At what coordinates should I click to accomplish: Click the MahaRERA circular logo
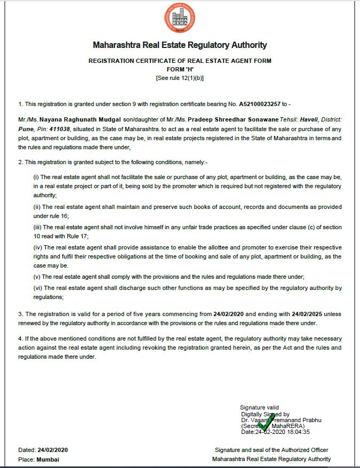click(x=180, y=17)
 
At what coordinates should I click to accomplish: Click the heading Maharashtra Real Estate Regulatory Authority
click(x=180, y=45)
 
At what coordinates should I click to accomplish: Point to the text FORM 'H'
click(x=180, y=69)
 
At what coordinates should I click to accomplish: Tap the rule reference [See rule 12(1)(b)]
click(x=180, y=78)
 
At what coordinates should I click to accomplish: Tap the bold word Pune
click(x=26, y=130)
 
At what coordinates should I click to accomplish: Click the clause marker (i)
click(x=36, y=177)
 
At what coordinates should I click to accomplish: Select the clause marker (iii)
click(x=37, y=228)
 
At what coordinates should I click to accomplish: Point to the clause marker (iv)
click(x=37, y=247)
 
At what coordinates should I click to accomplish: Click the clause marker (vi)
click(x=37, y=288)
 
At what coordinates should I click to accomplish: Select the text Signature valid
click(x=259, y=408)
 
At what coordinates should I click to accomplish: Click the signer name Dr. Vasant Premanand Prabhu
click(x=281, y=419)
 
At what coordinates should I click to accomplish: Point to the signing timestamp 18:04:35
click(x=298, y=432)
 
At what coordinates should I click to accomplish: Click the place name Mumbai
click(x=48, y=459)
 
